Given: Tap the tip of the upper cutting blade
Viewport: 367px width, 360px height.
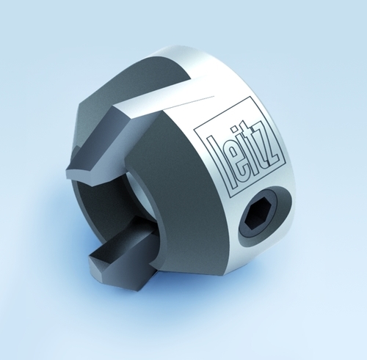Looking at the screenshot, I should coord(71,174).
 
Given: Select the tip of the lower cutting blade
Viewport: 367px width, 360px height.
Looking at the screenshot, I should coord(94,258).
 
